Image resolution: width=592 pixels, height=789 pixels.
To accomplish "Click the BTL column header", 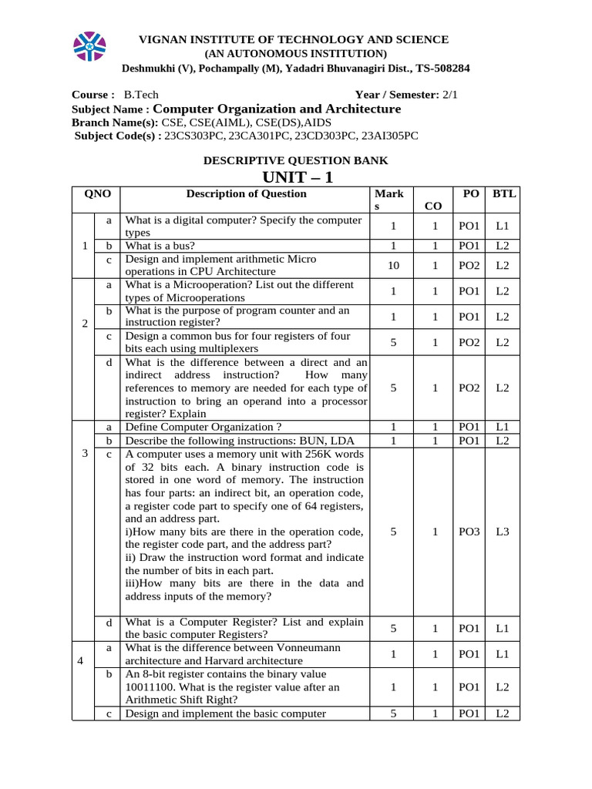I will click(504, 194).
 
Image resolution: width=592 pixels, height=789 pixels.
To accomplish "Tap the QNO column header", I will click(96, 194).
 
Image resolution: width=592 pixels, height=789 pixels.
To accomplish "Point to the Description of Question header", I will click(246, 194).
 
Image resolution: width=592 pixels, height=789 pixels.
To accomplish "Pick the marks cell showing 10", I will click(393, 265).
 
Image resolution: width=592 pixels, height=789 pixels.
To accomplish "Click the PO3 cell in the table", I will click(469, 532).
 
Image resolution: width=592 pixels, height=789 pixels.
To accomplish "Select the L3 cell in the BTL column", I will click(503, 532).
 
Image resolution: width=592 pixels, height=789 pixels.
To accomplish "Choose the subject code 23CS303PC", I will click(195, 136).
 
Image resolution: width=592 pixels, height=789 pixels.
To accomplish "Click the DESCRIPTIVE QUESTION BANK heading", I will click(295, 160).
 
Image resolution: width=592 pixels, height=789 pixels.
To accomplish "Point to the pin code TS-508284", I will click(442, 68).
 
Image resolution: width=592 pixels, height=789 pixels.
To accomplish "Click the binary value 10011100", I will click(153, 687).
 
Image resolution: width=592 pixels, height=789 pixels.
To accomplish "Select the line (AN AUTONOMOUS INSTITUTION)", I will click(295, 53).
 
